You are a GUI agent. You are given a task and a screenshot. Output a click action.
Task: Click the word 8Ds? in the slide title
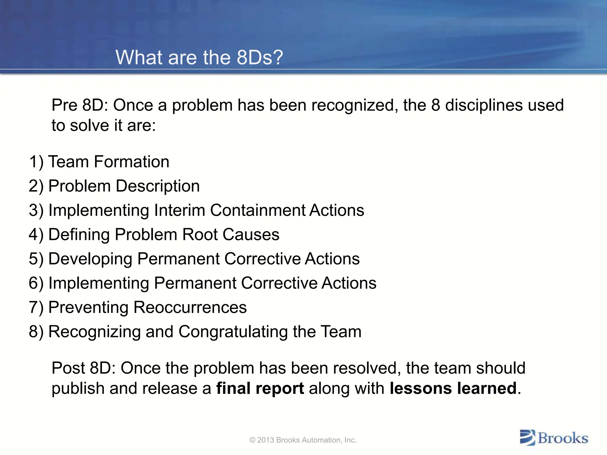click(x=260, y=57)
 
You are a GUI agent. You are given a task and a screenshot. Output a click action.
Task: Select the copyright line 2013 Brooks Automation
click(x=303, y=440)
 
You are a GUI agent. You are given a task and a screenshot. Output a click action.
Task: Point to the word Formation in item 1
click(x=132, y=162)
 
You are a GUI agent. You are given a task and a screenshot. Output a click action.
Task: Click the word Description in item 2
click(x=158, y=186)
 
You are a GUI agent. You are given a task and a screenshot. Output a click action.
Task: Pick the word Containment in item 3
click(x=258, y=211)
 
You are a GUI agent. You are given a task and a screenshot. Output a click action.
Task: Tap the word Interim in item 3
click(x=180, y=211)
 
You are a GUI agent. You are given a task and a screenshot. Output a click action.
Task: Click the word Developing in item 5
click(x=90, y=259)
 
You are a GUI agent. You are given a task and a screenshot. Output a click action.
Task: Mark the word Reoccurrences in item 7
click(x=190, y=308)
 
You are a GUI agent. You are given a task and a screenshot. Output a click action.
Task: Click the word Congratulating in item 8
click(x=233, y=332)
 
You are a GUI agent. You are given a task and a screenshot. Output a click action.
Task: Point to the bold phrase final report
click(x=260, y=388)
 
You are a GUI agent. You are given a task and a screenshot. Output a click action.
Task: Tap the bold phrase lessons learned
click(x=453, y=388)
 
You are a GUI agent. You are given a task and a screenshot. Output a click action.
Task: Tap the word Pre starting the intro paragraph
click(x=65, y=105)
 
